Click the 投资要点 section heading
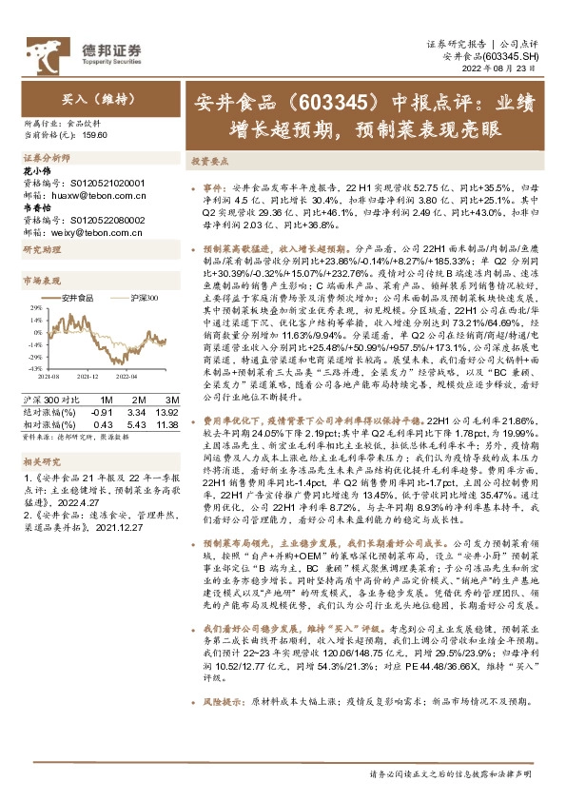[209, 162]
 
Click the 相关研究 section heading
[42, 459]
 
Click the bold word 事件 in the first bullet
[214, 188]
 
